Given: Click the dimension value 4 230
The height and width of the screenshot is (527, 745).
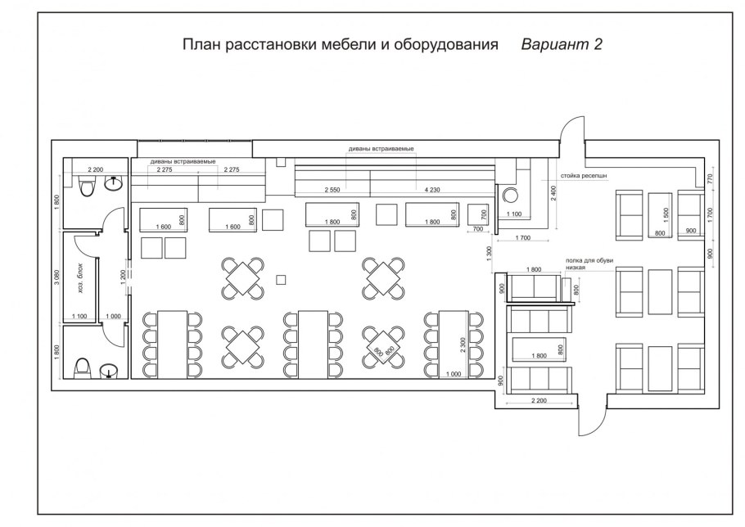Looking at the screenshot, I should pyautogui.click(x=432, y=190).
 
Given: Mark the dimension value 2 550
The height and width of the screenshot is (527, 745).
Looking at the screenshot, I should pyautogui.click(x=331, y=190).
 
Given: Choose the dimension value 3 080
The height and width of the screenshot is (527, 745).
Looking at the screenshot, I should pyautogui.click(x=56, y=276).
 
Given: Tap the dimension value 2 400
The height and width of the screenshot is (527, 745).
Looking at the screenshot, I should pyautogui.click(x=553, y=194).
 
